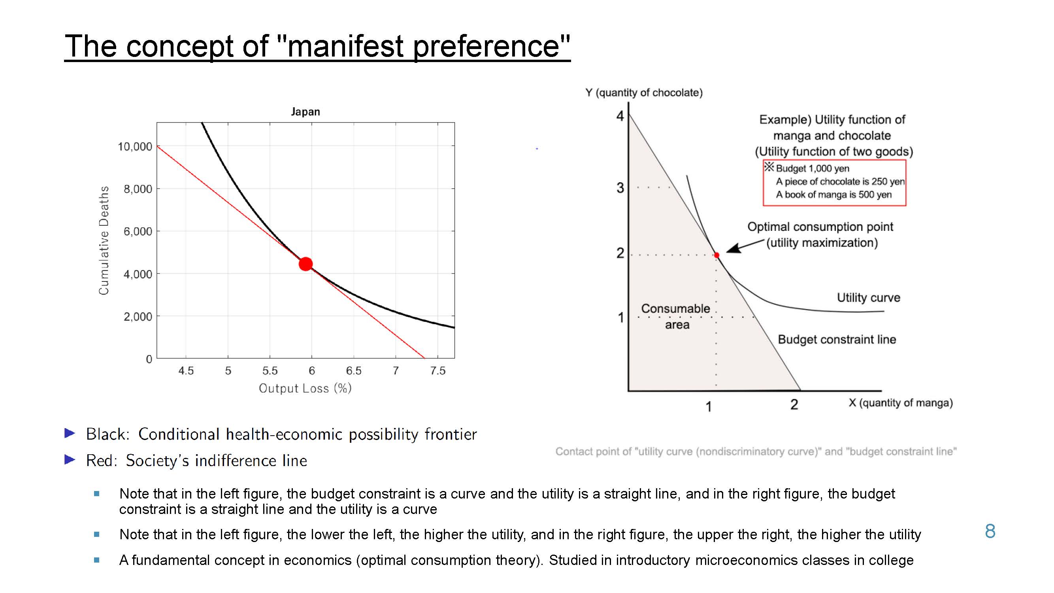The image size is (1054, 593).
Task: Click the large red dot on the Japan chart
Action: (305, 264)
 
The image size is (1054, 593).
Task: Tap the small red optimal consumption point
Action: (717, 255)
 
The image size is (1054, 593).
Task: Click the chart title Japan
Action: (305, 112)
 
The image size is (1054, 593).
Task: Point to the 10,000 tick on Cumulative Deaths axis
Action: (135, 147)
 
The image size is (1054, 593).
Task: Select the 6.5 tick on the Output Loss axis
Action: (354, 371)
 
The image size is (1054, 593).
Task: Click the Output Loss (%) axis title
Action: (305, 388)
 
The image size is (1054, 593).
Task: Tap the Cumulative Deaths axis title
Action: (104, 240)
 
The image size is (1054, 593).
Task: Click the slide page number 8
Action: (990, 531)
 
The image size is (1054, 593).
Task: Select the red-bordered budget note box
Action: (834, 183)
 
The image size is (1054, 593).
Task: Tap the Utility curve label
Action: (868, 298)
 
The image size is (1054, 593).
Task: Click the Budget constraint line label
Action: (837, 339)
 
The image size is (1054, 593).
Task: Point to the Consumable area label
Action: (676, 316)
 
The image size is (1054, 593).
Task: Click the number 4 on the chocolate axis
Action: (620, 116)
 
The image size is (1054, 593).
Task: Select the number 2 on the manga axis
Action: (794, 404)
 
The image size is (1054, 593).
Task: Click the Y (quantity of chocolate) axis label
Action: (644, 93)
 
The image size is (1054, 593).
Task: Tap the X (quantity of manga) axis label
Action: (901, 403)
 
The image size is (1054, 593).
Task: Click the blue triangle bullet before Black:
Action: (70, 433)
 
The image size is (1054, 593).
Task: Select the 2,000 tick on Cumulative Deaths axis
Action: (138, 317)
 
